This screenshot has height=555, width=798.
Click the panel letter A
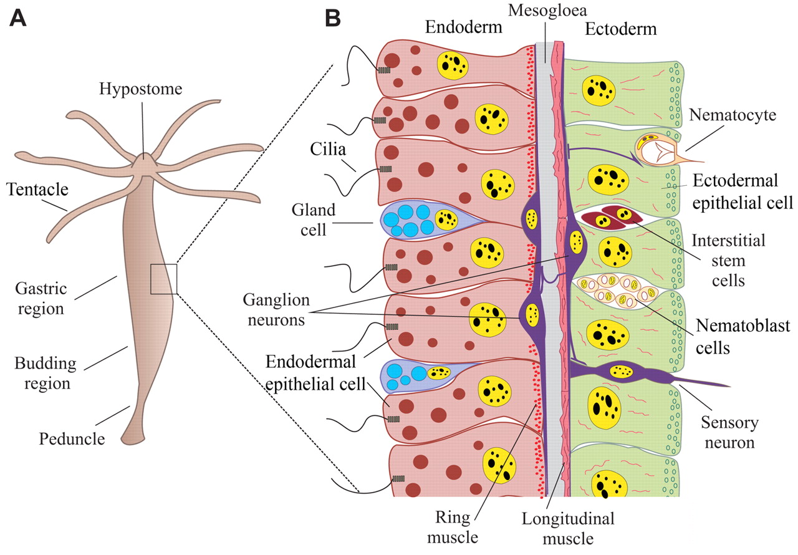(19, 18)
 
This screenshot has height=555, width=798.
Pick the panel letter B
(333, 18)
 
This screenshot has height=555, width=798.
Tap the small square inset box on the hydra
(164, 278)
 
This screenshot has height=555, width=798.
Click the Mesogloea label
(539, 11)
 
